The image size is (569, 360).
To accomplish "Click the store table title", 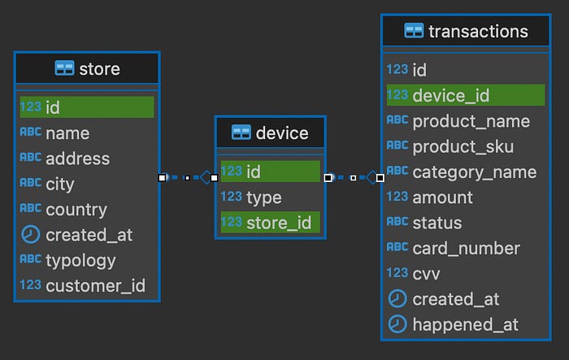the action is pos(99,68).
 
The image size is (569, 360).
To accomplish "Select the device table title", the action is pos(282,133).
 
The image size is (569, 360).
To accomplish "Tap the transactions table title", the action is pos(478,31).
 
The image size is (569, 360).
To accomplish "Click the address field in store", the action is pos(78,158).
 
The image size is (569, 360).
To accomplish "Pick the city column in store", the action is pos(60,184).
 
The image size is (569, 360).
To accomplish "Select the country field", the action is pos(76,210).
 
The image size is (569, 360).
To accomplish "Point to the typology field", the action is pos(80,261).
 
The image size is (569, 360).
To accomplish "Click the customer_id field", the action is pos(95,286).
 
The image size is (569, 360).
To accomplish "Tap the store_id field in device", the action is pos(279,223).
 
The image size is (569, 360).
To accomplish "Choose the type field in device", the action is pos(264,197).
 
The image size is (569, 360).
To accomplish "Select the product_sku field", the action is pos(463,146).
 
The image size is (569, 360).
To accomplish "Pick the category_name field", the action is pos(474,172).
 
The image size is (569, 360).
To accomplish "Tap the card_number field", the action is pos(467,249).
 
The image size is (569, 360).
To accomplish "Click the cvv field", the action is pos(426,274).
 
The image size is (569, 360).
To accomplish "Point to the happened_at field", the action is pos(465,325).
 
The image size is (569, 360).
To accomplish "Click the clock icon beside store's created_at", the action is pos(31,234).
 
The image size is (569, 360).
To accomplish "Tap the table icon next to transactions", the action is pos(414,31).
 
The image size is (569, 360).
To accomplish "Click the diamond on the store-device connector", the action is pos(206,177).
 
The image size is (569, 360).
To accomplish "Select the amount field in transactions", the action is pos(442,197).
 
